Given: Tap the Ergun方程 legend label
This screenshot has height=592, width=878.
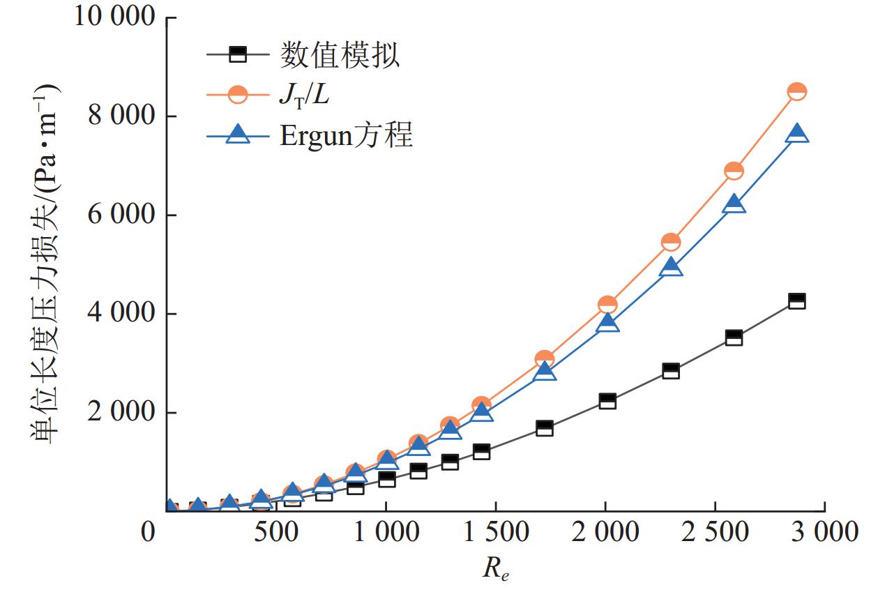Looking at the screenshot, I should pyautogui.click(x=347, y=134).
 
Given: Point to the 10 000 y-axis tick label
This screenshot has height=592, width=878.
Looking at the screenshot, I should pyautogui.click(x=114, y=17).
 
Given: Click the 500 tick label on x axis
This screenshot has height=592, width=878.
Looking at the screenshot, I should pyautogui.click(x=276, y=533).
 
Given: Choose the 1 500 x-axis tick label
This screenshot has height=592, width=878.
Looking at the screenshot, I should pyautogui.click(x=495, y=533).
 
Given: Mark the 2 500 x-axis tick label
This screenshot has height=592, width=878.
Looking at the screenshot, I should pyautogui.click(x=715, y=533).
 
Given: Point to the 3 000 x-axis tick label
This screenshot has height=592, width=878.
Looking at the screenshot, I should pyautogui.click(x=824, y=533).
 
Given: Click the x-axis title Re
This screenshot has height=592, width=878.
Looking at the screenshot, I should pyautogui.click(x=501, y=568).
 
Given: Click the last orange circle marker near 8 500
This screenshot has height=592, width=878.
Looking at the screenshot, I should pyautogui.click(x=796, y=91).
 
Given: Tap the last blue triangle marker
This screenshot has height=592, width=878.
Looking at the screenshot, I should pyautogui.click(x=796, y=134).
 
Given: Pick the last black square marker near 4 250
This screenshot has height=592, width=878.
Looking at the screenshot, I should pyautogui.click(x=796, y=301).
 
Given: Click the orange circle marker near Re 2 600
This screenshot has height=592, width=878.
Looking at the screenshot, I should pyautogui.click(x=734, y=171).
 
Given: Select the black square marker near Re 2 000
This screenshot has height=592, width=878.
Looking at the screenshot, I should pyautogui.click(x=607, y=401).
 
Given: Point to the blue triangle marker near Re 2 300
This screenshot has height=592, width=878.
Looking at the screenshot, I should pyautogui.click(x=671, y=267).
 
